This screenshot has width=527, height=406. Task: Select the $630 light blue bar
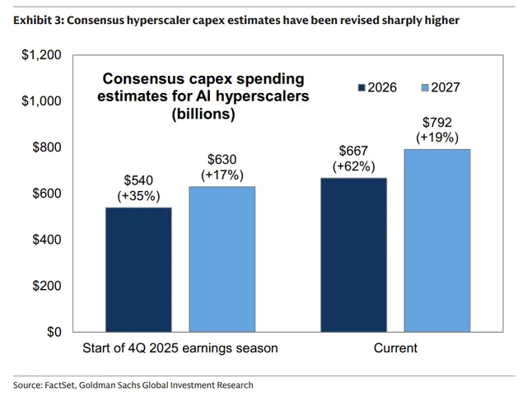point(222,259)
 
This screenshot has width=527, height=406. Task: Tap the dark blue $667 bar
point(353,254)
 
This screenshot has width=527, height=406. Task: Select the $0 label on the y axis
point(53,332)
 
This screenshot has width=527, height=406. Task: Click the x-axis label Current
point(395,348)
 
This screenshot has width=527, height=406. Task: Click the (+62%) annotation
point(352,166)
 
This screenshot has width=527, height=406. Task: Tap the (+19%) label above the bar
point(437,138)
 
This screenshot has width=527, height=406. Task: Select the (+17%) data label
point(222,175)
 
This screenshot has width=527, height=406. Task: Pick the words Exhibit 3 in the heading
point(36,18)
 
